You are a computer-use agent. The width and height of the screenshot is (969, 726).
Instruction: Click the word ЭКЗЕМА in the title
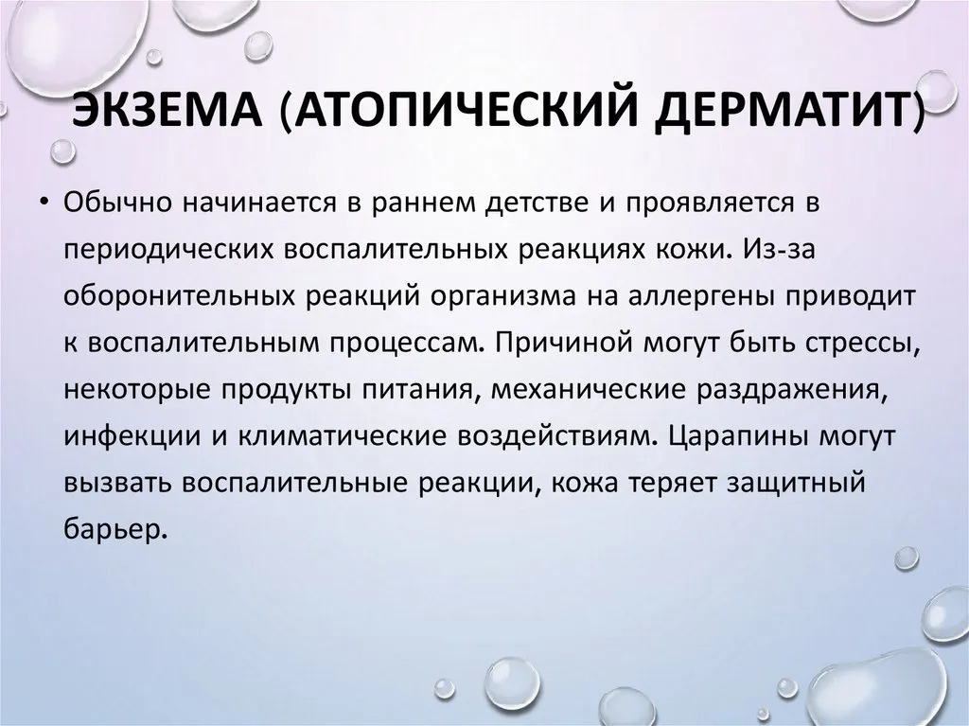click(x=167, y=111)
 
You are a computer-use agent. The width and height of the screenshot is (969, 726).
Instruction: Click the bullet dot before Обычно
click(x=44, y=203)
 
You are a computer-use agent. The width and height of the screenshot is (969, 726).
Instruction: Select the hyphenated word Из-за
click(x=780, y=249)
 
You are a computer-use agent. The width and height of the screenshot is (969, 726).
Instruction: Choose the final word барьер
click(x=115, y=529)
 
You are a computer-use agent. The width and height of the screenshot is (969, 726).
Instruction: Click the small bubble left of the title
click(x=62, y=151)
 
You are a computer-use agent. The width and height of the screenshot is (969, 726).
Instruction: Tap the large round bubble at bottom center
click(x=512, y=684)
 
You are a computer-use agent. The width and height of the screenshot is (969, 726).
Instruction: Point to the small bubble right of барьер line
click(x=907, y=558)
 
